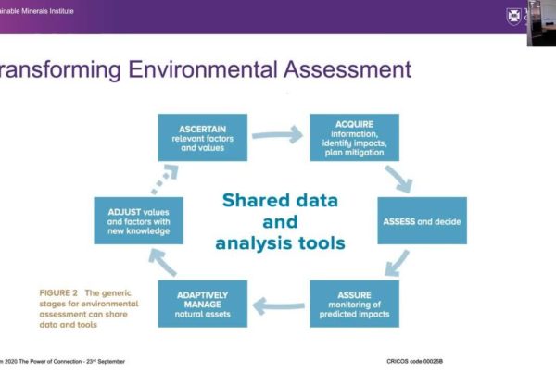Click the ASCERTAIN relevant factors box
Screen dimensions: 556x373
point(202,137)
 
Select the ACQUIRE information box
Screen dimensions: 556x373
point(354,137)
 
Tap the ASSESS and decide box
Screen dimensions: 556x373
point(422,220)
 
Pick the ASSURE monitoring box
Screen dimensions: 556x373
point(354,304)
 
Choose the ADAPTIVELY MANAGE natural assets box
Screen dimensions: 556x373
point(202,304)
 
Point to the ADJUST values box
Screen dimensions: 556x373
point(139,220)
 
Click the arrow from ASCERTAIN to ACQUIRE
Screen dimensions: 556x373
point(277,135)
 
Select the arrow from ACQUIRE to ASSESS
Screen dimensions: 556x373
point(398,179)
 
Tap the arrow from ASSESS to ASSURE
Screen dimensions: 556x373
point(397,263)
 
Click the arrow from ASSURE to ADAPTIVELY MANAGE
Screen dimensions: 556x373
point(278,306)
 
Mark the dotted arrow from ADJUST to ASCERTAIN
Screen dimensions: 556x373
point(165,179)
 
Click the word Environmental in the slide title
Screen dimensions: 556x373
point(202,69)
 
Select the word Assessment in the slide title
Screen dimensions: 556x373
point(347,69)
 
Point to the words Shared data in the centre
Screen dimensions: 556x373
point(280,201)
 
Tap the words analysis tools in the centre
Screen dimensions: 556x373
point(280,243)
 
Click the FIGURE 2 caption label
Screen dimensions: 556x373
point(58,293)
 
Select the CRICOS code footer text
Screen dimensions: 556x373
point(414,361)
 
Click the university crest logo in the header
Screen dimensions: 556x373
point(513,17)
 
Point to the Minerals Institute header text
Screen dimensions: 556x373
point(47,11)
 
